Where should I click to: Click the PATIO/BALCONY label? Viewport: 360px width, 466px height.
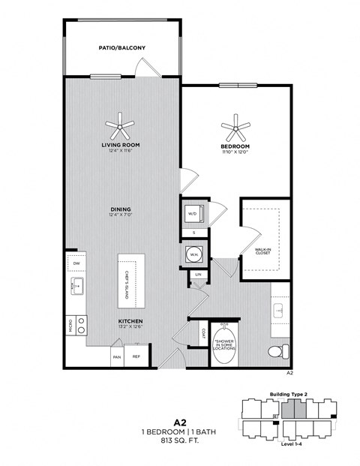(121, 48)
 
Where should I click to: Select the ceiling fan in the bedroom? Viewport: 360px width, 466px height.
(235, 125)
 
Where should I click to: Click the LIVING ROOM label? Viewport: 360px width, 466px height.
(121, 146)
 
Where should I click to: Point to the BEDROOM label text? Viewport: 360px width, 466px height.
(235, 146)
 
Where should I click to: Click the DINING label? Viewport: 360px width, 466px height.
(121, 209)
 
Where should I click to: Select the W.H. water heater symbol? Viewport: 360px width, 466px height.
(192, 254)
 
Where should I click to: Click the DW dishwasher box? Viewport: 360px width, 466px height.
(76, 263)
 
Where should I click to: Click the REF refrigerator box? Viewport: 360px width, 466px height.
(136, 357)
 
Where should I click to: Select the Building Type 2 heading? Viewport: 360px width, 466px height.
(287, 395)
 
